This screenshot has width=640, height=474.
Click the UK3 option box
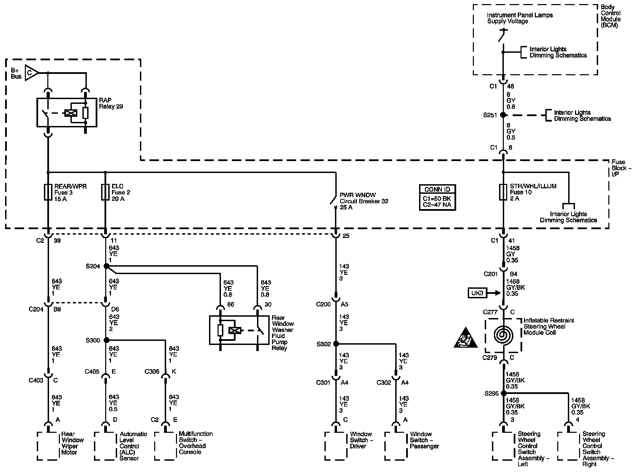pos(477,293)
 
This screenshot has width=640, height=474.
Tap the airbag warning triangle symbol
pos(466,338)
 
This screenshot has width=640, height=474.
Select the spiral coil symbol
pos(503,335)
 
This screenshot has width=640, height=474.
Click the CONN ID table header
pos(437,190)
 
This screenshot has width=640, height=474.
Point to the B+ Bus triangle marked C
pos(31,73)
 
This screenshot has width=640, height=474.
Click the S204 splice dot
pos(106,266)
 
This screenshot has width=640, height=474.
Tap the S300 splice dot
pos(106,340)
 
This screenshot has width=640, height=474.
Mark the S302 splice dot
pos(336,344)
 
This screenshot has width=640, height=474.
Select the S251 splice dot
pos(503,115)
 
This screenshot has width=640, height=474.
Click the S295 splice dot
pos(503,393)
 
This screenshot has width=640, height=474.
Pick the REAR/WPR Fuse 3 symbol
pos(48,192)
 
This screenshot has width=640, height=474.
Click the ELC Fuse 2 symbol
pos(105,192)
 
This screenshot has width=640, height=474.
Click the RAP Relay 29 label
pos(111,103)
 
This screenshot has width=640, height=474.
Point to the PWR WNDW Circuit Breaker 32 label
pos(364,201)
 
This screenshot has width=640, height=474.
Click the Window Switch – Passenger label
pos(425,440)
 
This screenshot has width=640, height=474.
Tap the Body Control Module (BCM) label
pos(610,16)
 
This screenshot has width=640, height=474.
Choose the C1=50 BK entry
pos(437,199)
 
